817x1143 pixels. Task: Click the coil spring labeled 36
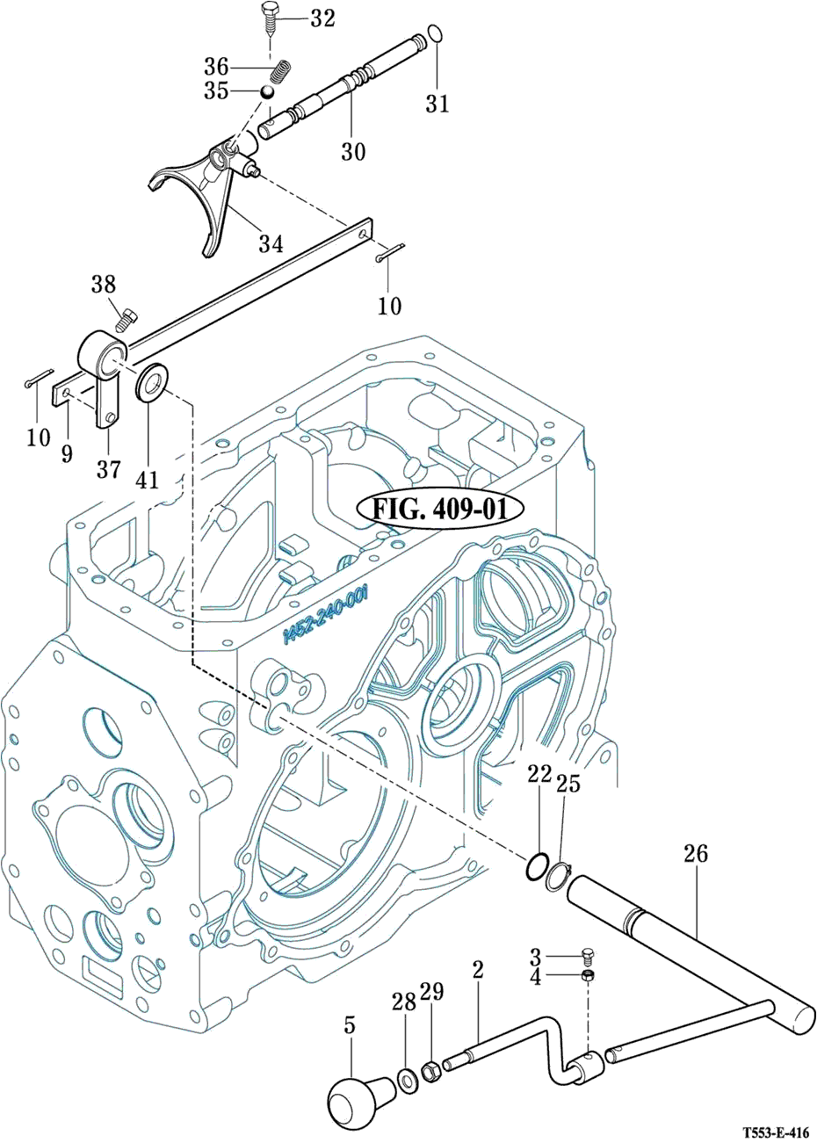click(280, 69)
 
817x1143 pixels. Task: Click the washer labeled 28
click(408, 1076)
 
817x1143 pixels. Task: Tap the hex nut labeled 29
click(431, 1071)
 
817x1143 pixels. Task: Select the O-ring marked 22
click(538, 866)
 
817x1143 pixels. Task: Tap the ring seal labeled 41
click(154, 382)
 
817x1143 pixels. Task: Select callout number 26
click(695, 854)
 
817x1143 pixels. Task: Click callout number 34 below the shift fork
click(271, 243)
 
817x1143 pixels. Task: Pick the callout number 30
click(353, 151)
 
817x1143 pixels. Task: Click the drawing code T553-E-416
click(774, 1132)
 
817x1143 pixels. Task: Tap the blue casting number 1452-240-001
click(326, 619)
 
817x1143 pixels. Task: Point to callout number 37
click(108, 470)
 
